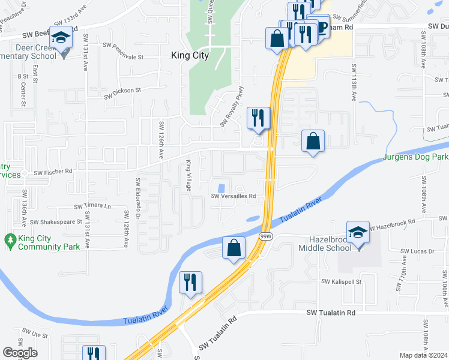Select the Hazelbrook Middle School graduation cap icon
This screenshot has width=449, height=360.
pyautogui.click(x=358, y=232)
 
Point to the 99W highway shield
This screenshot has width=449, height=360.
pyautogui.click(x=265, y=237)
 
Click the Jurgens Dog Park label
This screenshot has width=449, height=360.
pyautogui.click(x=415, y=157)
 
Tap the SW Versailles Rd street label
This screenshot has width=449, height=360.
pyautogui.click(x=233, y=196)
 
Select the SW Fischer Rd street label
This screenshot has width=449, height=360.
pyautogui.click(x=53, y=172)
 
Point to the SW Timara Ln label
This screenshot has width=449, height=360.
pyautogui.click(x=92, y=206)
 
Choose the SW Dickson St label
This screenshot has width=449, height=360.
pyautogui.click(x=122, y=92)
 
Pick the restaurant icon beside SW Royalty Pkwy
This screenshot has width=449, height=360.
pyautogui.click(x=259, y=117)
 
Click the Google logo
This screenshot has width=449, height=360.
pyautogui.click(x=20, y=353)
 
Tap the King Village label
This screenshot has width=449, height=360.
pyautogui.click(x=188, y=176)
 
